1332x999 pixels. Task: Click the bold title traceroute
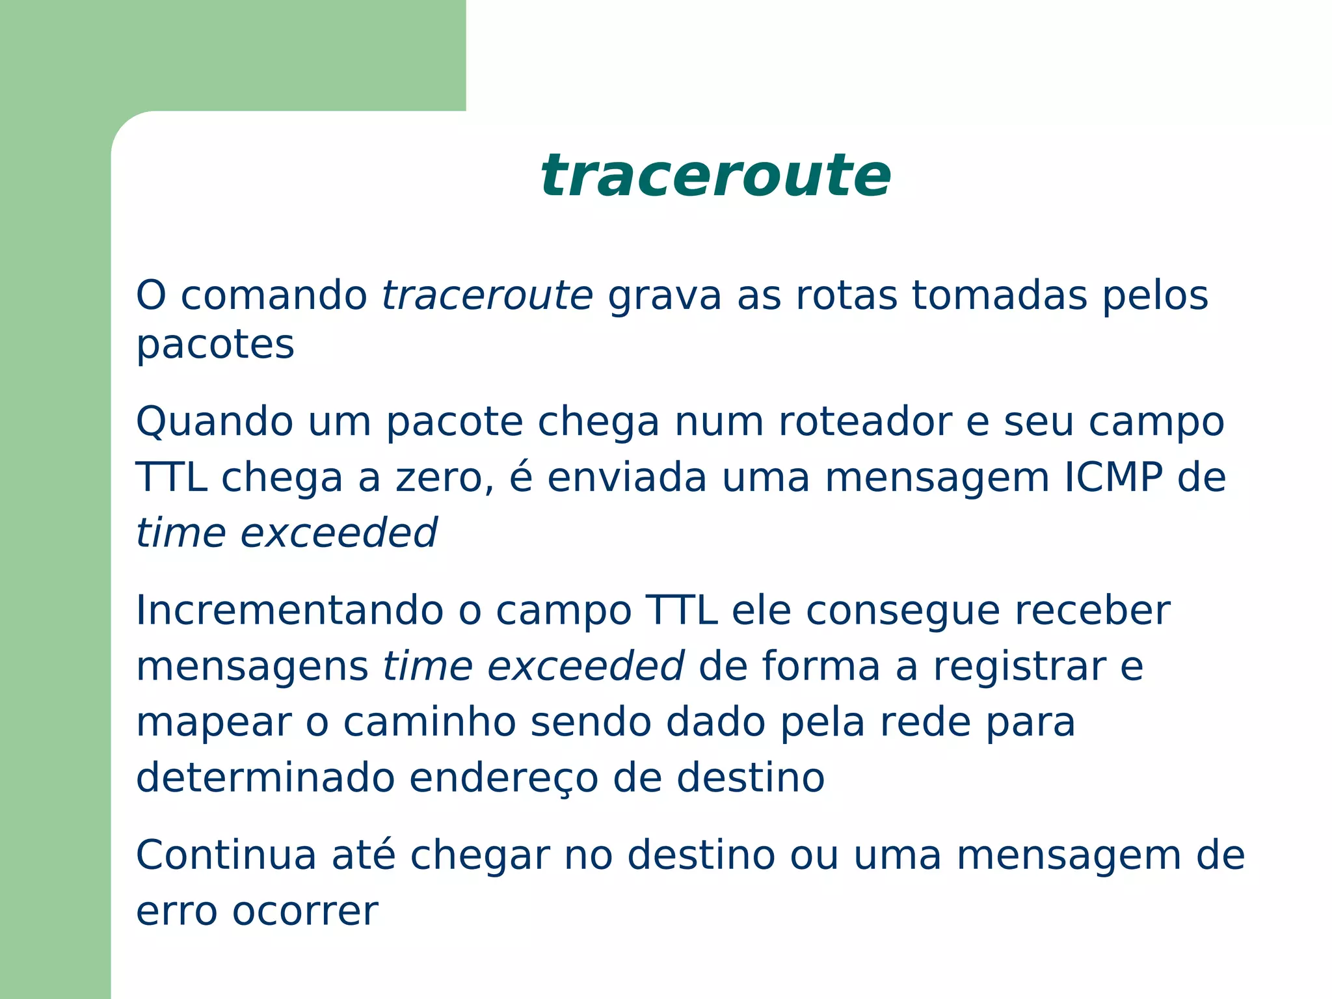coord(715,176)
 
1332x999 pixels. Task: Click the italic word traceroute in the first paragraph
coord(487,295)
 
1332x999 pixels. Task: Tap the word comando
coord(274,295)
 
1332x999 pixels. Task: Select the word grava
coord(664,297)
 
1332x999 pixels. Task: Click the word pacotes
coord(215,345)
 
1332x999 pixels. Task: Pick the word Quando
coord(214,422)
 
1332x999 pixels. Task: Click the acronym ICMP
coord(1113,477)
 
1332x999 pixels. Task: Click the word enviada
coord(626,477)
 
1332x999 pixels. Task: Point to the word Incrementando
coord(289,611)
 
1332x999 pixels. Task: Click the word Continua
coord(226,855)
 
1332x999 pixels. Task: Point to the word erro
coord(176,911)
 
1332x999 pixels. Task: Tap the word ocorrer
coord(305,911)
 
